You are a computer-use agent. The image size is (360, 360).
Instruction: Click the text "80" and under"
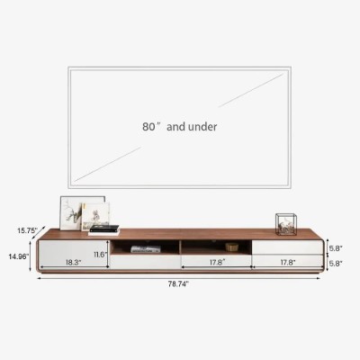click(x=179, y=128)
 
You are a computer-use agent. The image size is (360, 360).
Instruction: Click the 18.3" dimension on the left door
click(x=74, y=263)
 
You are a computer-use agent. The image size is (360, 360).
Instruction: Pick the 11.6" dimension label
click(x=100, y=255)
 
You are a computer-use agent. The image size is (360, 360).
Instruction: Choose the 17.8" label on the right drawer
click(x=287, y=263)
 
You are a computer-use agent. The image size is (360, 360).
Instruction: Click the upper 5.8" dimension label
click(x=334, y=247)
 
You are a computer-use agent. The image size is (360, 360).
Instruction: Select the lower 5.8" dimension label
click(x=334, y=263)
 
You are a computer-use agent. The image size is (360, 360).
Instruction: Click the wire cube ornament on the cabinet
click(x=286, y=224)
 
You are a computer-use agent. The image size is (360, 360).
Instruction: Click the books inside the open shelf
click(x=145, y=249)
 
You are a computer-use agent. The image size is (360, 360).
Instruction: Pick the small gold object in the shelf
click(x=232, y=246)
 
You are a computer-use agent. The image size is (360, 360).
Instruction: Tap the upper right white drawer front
click(x=286, y=246)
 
